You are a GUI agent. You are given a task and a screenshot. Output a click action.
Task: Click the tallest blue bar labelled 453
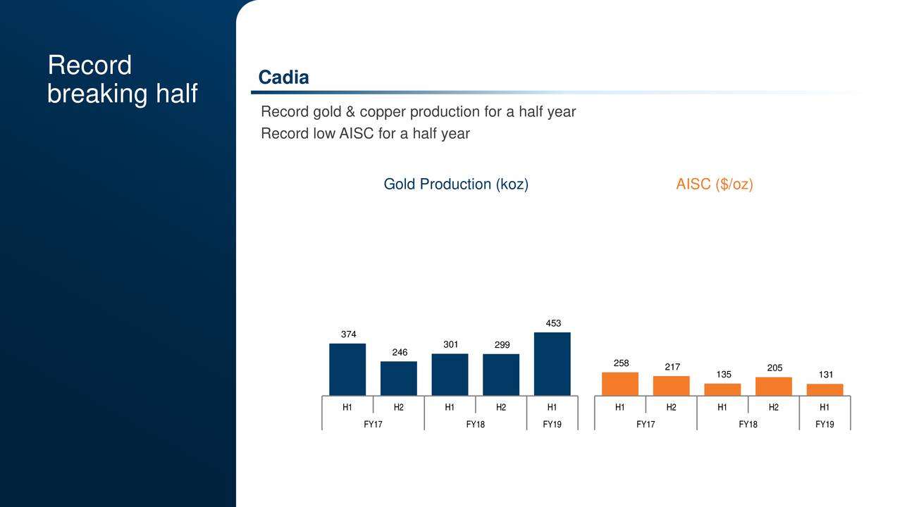(552, 363)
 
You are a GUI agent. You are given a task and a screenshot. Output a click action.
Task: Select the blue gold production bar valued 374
(347, 369)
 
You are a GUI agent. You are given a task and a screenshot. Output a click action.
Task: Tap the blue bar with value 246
(398, 378)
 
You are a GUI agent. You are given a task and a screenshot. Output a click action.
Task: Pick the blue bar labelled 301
(450, 374)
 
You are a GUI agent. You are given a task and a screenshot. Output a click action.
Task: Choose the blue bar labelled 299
(501, 375)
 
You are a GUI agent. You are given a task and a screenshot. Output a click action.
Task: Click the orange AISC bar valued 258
(620, 384)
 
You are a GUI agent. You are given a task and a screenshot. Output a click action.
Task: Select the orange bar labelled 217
(672, 386)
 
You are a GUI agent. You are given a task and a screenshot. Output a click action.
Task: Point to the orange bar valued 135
(722, 389)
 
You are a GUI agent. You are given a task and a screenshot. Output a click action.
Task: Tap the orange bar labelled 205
(774, 387)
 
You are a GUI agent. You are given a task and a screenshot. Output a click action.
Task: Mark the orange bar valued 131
(824, 389)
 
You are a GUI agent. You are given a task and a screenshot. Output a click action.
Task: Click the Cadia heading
(283, 77)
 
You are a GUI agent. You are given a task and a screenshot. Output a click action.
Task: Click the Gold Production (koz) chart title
(456, 184)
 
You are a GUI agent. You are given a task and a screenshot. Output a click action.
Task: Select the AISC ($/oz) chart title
(715, 184)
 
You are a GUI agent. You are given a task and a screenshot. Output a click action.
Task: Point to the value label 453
(553, 323)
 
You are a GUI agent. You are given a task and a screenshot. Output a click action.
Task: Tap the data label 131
(824, 375)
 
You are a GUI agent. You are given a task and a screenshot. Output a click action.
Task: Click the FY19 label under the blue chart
(552, 424)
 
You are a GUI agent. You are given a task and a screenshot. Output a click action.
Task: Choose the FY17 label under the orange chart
(645, 424)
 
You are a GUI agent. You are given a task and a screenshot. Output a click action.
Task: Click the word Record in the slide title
(89, 65)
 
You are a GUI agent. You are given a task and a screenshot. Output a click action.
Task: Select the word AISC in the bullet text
(357, 134)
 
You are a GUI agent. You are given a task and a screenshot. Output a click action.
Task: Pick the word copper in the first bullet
(382, 112)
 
